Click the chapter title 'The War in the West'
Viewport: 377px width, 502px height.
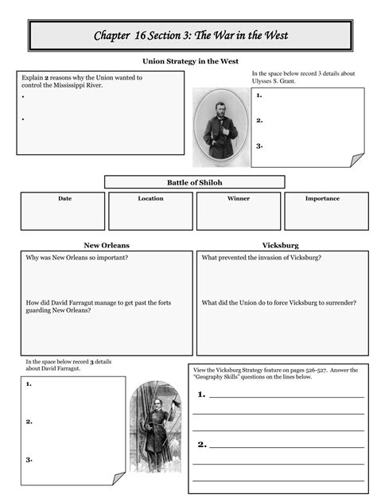190,36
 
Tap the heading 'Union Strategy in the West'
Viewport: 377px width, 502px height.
190,61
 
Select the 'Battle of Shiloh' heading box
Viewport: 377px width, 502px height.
194,182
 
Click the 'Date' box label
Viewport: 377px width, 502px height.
64,199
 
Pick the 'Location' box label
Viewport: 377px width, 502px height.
150,199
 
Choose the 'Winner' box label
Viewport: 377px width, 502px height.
238,199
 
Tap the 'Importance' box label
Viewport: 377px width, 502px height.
322,199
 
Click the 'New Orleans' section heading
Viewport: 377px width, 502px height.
107,245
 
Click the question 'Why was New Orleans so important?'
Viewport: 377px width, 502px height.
78,258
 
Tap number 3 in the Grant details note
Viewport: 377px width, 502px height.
260,146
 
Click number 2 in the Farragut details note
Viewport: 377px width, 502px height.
29,422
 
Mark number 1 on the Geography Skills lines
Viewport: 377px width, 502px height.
202,394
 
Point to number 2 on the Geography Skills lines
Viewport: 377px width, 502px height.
202,444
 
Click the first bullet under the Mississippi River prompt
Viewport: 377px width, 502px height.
24,96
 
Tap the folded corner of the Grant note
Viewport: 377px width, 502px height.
347,160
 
